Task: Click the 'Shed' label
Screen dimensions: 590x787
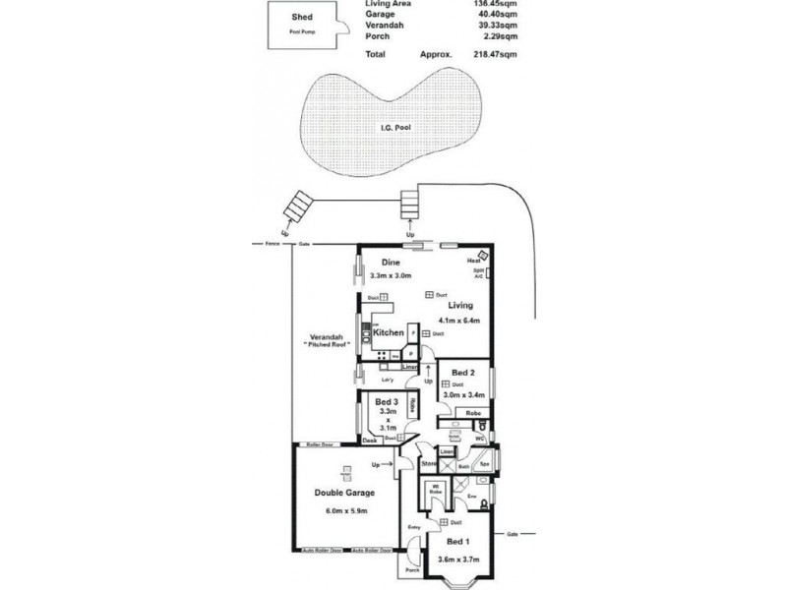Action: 303,18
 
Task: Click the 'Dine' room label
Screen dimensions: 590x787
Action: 390,263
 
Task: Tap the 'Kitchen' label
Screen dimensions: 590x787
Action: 388,333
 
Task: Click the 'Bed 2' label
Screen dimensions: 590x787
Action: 463,372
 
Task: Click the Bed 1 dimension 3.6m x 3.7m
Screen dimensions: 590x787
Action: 458,559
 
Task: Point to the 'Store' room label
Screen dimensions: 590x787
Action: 428,463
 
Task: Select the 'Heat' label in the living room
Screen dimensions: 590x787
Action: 473,261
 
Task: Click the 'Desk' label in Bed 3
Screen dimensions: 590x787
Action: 370,441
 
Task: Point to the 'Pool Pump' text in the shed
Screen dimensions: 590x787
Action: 303,31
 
